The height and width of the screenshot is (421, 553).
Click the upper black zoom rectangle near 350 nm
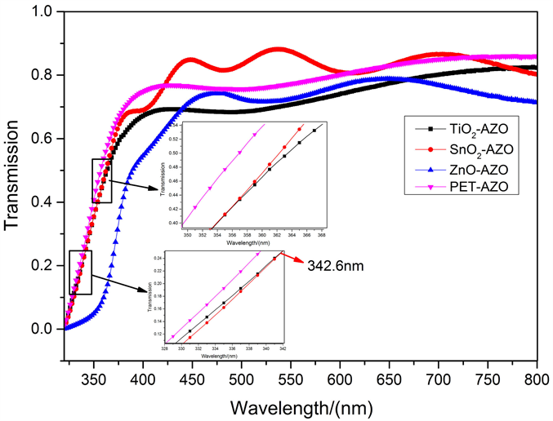tap(101, 180)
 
